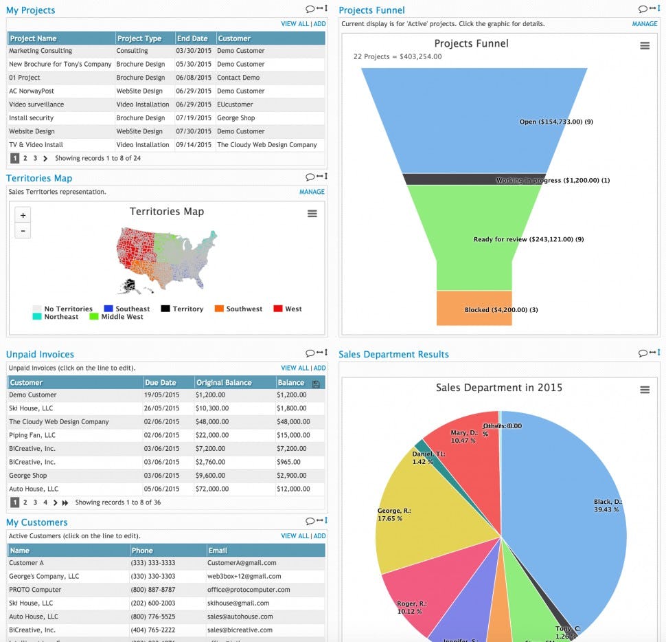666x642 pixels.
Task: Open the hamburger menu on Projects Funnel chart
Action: click(644, 45)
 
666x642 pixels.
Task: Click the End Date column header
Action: click(192, 38)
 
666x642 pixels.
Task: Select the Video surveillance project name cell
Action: click(36, 104)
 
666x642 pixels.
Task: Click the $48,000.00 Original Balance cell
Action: click(212, 422)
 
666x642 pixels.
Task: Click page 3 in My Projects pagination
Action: click(35, 158)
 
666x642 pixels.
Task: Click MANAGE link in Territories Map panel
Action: click(312, 192)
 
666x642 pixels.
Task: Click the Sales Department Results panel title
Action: click(393, 355)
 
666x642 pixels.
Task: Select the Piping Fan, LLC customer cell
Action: click(32, 435)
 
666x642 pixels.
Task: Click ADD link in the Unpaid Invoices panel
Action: click(319, 368)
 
